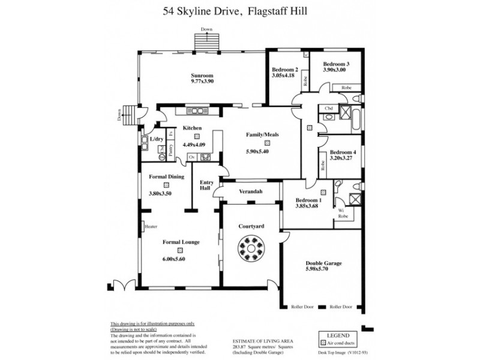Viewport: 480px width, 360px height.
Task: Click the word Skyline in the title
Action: point(214,11)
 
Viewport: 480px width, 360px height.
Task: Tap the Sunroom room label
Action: point(202,76)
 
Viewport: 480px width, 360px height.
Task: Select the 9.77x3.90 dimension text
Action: point(202,82)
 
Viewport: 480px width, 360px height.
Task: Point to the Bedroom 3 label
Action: point(336,64)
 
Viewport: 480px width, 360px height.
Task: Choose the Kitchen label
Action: point(192,128)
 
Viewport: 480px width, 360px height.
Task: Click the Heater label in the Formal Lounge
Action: point(151,227)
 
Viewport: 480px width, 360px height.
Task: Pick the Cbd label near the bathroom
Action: point(329,109)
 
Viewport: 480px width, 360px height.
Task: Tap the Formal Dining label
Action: point(166,176)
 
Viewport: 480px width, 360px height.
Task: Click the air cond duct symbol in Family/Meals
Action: point(258,143)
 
